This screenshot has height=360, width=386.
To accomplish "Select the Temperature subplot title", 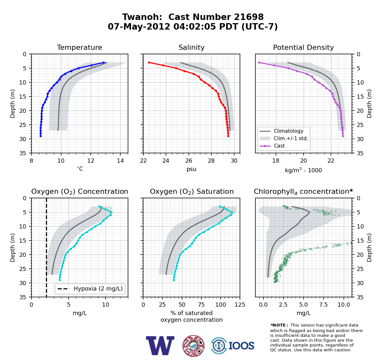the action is pos(79,47).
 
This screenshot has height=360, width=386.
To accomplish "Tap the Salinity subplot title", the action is pos(191,48).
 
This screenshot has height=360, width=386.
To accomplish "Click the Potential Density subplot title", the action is pos(303,48).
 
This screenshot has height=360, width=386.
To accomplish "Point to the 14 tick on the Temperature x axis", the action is pos(121,161).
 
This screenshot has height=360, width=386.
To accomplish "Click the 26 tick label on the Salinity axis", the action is pos(188,161).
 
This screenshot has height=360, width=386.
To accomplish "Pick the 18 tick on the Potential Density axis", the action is pos(276,161).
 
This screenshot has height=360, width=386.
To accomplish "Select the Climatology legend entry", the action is pos(289,131).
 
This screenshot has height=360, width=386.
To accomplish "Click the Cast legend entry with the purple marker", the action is pos(279,146).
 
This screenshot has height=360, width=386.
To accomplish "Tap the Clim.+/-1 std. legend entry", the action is pos(291,138).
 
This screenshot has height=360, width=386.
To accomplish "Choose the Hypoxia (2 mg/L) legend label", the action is pos(98,289).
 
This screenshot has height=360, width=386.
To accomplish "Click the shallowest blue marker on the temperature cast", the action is pos(104,63).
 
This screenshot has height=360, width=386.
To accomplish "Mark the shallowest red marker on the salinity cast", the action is pos(149,63).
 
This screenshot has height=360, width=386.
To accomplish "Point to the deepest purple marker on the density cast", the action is pos(343,136).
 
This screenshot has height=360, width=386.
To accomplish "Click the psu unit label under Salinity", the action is pos(191,169).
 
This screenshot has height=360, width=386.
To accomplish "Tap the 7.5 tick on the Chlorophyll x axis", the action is pos(324,304).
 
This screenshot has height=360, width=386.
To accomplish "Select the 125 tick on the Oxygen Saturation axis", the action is pos(240,304).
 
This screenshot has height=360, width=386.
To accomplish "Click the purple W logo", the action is pos(160,346).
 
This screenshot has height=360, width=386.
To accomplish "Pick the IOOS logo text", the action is pos(242,346).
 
